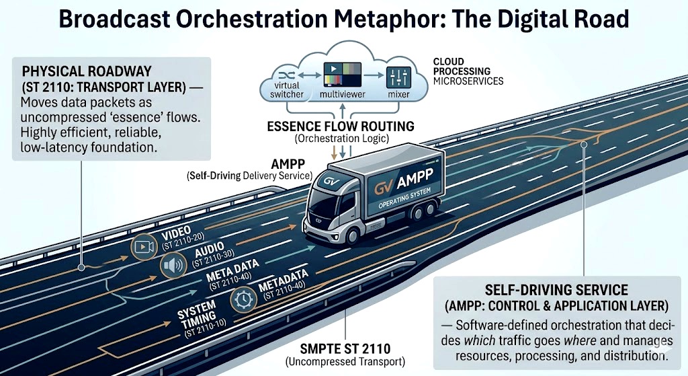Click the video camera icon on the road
tap(144, 247)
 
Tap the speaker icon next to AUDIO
tap(173, 265)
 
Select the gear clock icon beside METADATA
tap(243, 299)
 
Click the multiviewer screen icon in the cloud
tap(342, 75)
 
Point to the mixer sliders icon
tap(398, 78)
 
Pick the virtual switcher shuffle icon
tap(286, 75)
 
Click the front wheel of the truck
tap(352, 236)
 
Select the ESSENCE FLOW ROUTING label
tap(341, 126)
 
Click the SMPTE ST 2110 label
tap(345, 349)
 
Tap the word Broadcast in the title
tap(114, 20)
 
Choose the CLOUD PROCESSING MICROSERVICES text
tap(468, 71)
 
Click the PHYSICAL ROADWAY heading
tap(87, 71)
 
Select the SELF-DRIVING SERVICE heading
tap(556, 290)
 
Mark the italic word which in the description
tap(480, 340)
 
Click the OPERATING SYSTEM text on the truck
tap(404, 197)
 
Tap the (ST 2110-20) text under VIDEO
tap(183, 241)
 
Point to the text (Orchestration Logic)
tap(342, 139)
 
